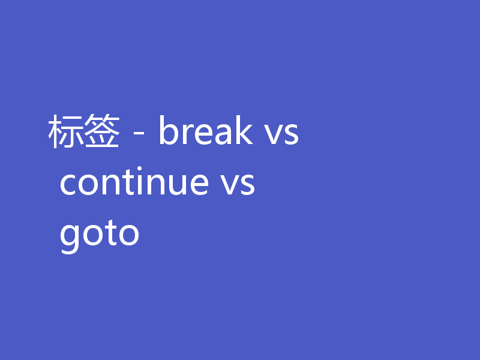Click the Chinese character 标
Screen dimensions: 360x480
[65, 132]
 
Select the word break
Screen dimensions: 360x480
[205, 132]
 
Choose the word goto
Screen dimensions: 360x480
[100, 234]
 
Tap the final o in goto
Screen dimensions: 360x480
[128, 235]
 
